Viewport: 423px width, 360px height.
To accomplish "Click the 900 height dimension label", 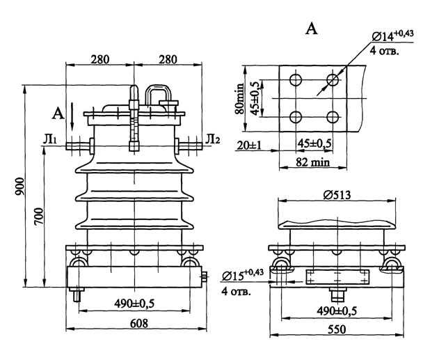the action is tap(19, 187).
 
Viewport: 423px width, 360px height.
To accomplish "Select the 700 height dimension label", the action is tap(39, 217).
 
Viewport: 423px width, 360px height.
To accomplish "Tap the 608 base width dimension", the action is tap(139, 323).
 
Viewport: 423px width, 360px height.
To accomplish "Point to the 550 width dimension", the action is tap(337, 329).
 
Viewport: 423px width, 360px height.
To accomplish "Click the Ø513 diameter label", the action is tap(337, 195).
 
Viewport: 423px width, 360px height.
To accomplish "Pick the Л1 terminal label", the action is tap(50, 139).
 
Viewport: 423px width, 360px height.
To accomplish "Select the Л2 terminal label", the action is tap(213, 139).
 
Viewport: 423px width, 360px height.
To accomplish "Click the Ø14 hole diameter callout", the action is tap(392, 36).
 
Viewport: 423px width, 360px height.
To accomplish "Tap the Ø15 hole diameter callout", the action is tap(242, 275).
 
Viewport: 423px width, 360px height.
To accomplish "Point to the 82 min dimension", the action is tap(313, 162).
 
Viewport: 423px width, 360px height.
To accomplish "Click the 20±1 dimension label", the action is tap(249, 146).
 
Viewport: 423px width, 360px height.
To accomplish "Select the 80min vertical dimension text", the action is tap(239, 99).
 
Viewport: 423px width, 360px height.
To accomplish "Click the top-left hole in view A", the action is tap(296, 79).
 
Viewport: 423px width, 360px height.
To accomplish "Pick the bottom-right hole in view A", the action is tap(333, 117).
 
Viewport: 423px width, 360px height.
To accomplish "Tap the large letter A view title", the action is tap(312, 29).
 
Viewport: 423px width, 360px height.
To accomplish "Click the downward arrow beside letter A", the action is tap(72, 117).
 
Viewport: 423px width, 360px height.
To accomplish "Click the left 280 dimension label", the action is tap(100, 59).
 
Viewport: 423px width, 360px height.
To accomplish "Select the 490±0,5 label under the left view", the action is tap(134, 304).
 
